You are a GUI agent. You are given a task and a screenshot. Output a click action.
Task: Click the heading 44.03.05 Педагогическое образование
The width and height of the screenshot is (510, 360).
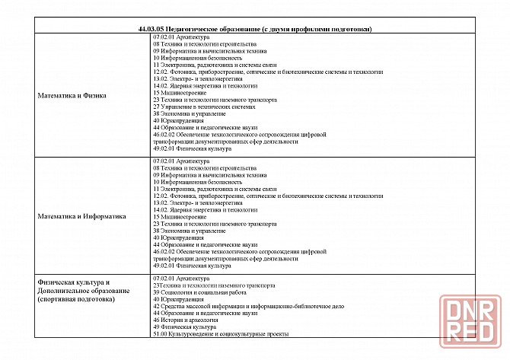(x=255, y=29)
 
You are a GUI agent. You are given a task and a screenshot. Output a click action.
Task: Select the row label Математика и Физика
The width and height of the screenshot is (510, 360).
(x=72, y=96)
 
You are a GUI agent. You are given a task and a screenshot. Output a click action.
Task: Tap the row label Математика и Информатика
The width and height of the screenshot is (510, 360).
(x=81, y=216)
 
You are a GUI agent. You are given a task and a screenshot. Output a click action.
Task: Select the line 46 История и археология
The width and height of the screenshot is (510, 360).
(x=190, y=320)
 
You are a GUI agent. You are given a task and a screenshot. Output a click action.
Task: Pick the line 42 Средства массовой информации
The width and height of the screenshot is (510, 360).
(x=248, y=306)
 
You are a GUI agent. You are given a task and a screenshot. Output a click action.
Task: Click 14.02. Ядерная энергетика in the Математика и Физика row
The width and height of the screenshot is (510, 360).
(x=205, y=86)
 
